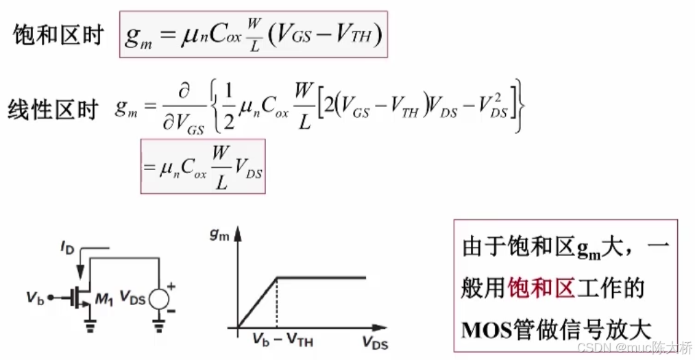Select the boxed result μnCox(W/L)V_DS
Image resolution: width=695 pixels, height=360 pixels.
pyautogui.click(x=202, y=167)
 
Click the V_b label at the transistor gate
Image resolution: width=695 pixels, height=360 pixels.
pyautogui.click(x=36, y=297)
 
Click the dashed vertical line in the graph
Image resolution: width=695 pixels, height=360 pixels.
pyautogui.click(x=276, y=302)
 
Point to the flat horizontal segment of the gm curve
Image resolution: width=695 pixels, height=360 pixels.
pyautogui.click(x=322, y=278)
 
